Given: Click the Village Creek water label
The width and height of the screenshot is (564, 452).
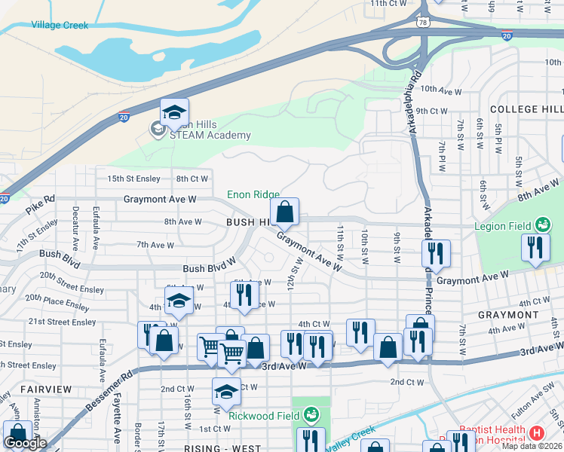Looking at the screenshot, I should (60, 25).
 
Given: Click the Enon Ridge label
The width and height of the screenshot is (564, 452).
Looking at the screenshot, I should (254, 195).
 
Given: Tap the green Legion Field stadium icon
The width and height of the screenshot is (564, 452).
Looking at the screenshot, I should (542, 224).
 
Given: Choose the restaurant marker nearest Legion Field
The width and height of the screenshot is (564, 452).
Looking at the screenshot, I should (535, 249).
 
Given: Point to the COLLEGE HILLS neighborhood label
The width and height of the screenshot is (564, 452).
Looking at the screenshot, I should (526, 109).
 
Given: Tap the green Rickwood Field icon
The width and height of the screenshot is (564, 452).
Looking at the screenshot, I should (311, 414).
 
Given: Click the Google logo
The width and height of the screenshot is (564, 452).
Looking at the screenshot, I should (25, 443).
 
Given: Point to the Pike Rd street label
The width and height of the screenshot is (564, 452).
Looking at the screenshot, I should (39, 199).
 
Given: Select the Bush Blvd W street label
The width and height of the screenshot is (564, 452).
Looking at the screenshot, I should (209, 268).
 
